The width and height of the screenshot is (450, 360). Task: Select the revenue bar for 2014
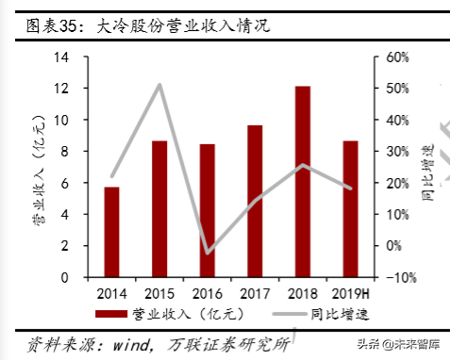(111, 232)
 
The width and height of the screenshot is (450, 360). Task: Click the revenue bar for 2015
(159, 209)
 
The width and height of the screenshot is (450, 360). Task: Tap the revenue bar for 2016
(208, 210)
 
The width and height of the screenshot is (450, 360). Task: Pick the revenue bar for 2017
(255, 201)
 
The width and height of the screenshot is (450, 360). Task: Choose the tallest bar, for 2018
(302, 182)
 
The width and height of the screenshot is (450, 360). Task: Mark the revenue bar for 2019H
(350, 209)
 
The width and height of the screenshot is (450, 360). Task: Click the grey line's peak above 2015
(159, 85)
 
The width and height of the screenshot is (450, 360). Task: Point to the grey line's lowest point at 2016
(208, 253)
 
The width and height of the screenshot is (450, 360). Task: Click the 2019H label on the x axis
(350, 292)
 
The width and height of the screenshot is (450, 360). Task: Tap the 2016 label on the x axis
(208, 292)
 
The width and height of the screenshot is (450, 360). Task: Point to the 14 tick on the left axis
(65, 57)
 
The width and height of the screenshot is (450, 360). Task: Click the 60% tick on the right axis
(397, 57)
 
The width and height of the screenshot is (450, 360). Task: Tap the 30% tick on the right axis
(397, 151)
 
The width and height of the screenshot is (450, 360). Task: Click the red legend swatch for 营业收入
(111, 312)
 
